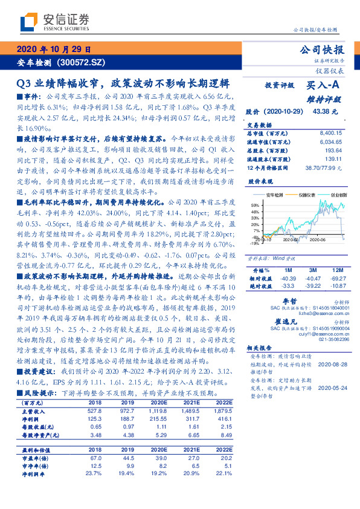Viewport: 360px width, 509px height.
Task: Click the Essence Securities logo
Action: click(x=49, y=21)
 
